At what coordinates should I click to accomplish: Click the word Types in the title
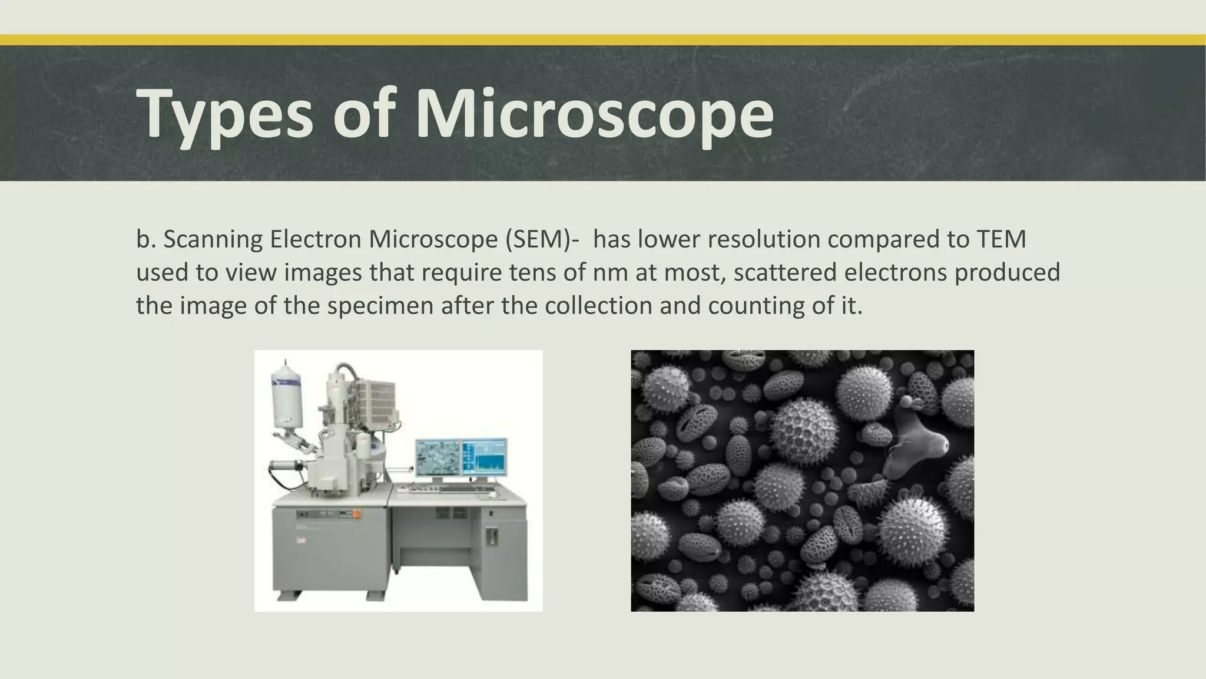click(224, 114)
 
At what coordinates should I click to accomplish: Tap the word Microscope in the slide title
click(594, 114)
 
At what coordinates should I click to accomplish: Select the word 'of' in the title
click(363, 114)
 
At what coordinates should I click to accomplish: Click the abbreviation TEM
click(1001, 239)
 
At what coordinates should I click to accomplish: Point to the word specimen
click(380, 306)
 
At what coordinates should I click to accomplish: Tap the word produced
click(1008, 273)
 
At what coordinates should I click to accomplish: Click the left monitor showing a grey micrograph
click(438, 457)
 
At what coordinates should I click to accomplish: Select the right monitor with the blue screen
click(484, 457)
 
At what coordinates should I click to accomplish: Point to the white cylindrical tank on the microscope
click(287, 395)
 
